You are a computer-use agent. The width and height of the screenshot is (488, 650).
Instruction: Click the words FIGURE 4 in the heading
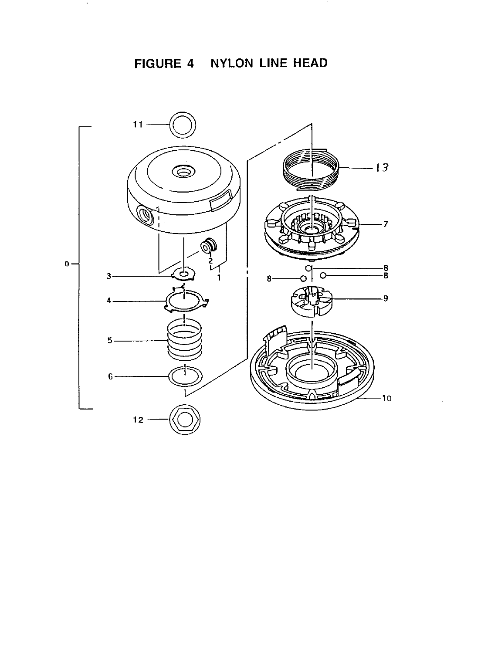(x=164, y=64)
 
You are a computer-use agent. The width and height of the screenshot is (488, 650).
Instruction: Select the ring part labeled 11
(x=182, y=125)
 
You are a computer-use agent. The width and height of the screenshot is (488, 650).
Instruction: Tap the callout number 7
(x=386, y=224)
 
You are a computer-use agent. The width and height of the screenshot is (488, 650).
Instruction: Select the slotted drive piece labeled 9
(x=311, y=301)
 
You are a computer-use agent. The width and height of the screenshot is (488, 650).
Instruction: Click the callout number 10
(x=386, y=398)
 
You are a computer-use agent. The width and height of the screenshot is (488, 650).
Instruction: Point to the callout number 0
(x=66, y=264)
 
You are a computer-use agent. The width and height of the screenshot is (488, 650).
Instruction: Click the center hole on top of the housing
(x=185, y=171)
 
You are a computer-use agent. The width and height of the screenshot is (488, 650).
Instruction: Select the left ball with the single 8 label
(x=304, y=279)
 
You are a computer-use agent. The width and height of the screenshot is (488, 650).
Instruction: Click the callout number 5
(x=110, y=341)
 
